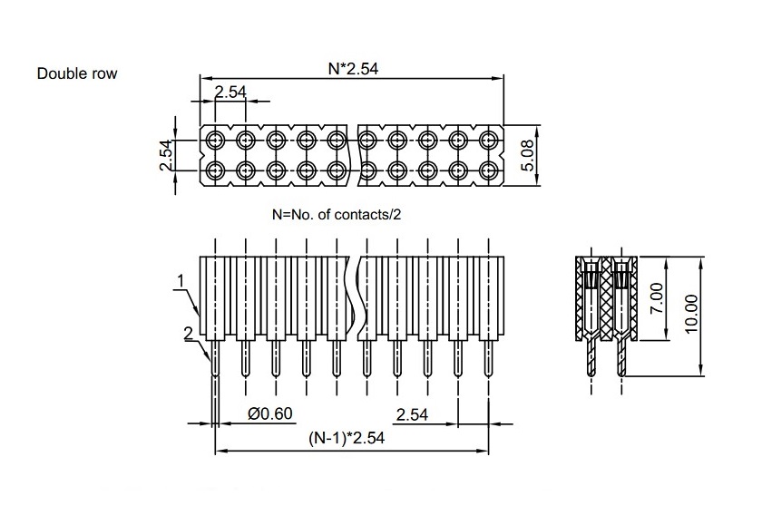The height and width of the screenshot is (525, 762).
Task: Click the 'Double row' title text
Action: pos(76,73)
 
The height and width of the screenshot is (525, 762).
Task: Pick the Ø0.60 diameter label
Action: pos(270,413)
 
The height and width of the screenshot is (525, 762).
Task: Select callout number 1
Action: pos(181,282)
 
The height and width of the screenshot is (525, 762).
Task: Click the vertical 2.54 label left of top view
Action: pos(166,154)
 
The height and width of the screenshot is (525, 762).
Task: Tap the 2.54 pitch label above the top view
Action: pos(230,92)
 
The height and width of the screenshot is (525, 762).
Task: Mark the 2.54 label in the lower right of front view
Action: pos(413,413)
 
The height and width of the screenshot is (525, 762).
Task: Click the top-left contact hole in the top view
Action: pos(215,140)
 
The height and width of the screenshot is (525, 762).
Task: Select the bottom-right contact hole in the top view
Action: pos(488,170)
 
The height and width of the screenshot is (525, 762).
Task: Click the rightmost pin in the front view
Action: pos(489,358)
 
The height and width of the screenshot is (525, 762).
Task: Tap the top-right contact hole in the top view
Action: pos(488,140)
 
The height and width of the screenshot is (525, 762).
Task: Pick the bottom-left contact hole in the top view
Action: pos(215,170)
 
